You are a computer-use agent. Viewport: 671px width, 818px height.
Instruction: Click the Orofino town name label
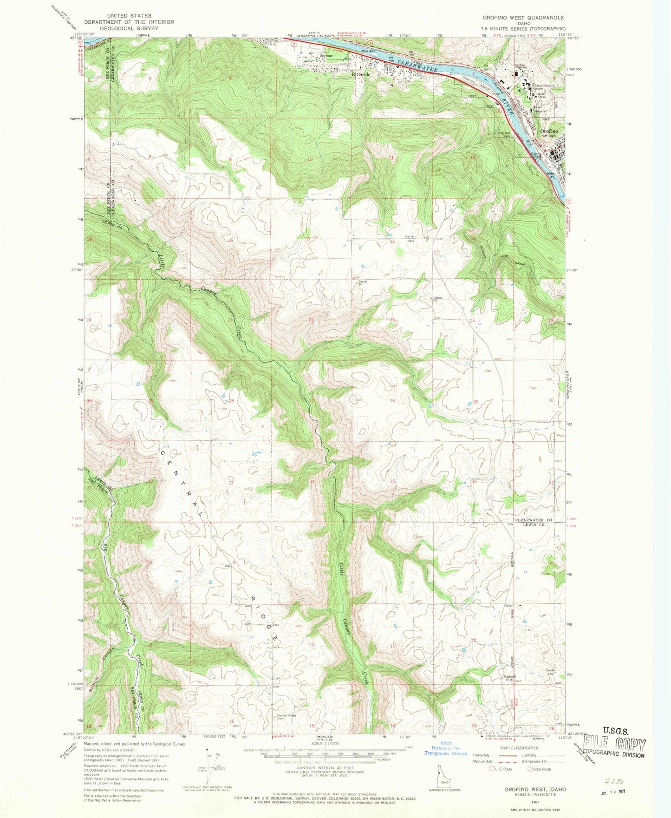click(552, 131)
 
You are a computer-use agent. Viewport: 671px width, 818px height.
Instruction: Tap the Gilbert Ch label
click(438, 299)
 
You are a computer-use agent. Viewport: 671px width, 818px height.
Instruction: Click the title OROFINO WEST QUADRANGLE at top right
click(523, 18)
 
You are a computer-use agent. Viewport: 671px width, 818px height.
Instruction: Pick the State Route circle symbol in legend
click(530, 769)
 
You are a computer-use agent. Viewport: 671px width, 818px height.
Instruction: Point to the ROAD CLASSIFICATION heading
click(519, 748)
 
